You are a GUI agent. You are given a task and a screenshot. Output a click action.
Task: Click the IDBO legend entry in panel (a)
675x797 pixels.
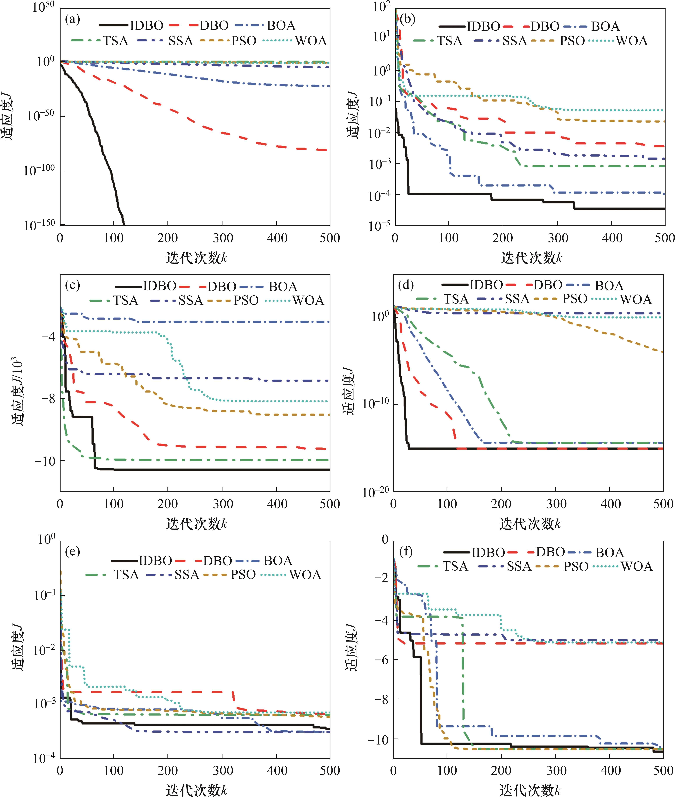click(147, 26)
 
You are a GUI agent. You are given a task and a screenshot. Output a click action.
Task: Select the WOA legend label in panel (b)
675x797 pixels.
click(632, 41)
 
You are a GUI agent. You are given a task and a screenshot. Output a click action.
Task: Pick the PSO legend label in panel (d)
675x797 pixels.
click(575, 299)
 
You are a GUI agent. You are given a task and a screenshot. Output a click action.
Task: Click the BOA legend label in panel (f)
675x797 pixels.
click(610, 553)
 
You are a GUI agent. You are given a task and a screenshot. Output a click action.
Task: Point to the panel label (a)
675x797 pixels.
click(72, 19)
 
